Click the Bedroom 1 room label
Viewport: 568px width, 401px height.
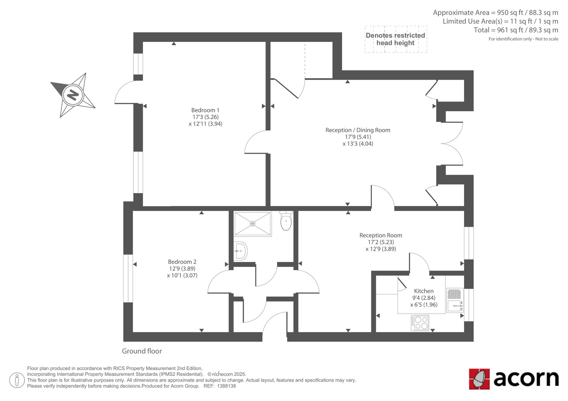[205, 110]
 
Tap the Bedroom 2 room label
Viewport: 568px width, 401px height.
[182, 262]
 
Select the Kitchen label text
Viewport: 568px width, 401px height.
[424, 291]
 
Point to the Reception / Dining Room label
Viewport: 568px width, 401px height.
[358, 130]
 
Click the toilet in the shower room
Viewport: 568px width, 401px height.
[286, 221]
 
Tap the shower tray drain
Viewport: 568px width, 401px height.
[252, 224]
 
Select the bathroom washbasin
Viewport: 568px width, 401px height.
[240, 251]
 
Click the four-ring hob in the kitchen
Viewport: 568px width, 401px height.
[420, 323]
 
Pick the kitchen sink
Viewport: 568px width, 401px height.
[455, 300]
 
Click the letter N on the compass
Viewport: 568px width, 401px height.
[73, 95]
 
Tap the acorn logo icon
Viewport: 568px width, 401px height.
[479, 379]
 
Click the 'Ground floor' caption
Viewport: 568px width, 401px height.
[142, 351]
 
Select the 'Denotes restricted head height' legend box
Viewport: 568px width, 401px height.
[395, 39]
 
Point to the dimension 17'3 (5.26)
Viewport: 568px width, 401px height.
[206, 117]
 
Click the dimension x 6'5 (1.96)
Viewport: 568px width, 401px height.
[424, 305]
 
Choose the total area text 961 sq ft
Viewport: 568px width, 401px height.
[498, 30]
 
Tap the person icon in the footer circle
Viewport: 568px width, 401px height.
[17, 380]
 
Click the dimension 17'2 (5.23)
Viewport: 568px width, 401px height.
[381, 242]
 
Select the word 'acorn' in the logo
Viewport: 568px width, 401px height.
[526, 379]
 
